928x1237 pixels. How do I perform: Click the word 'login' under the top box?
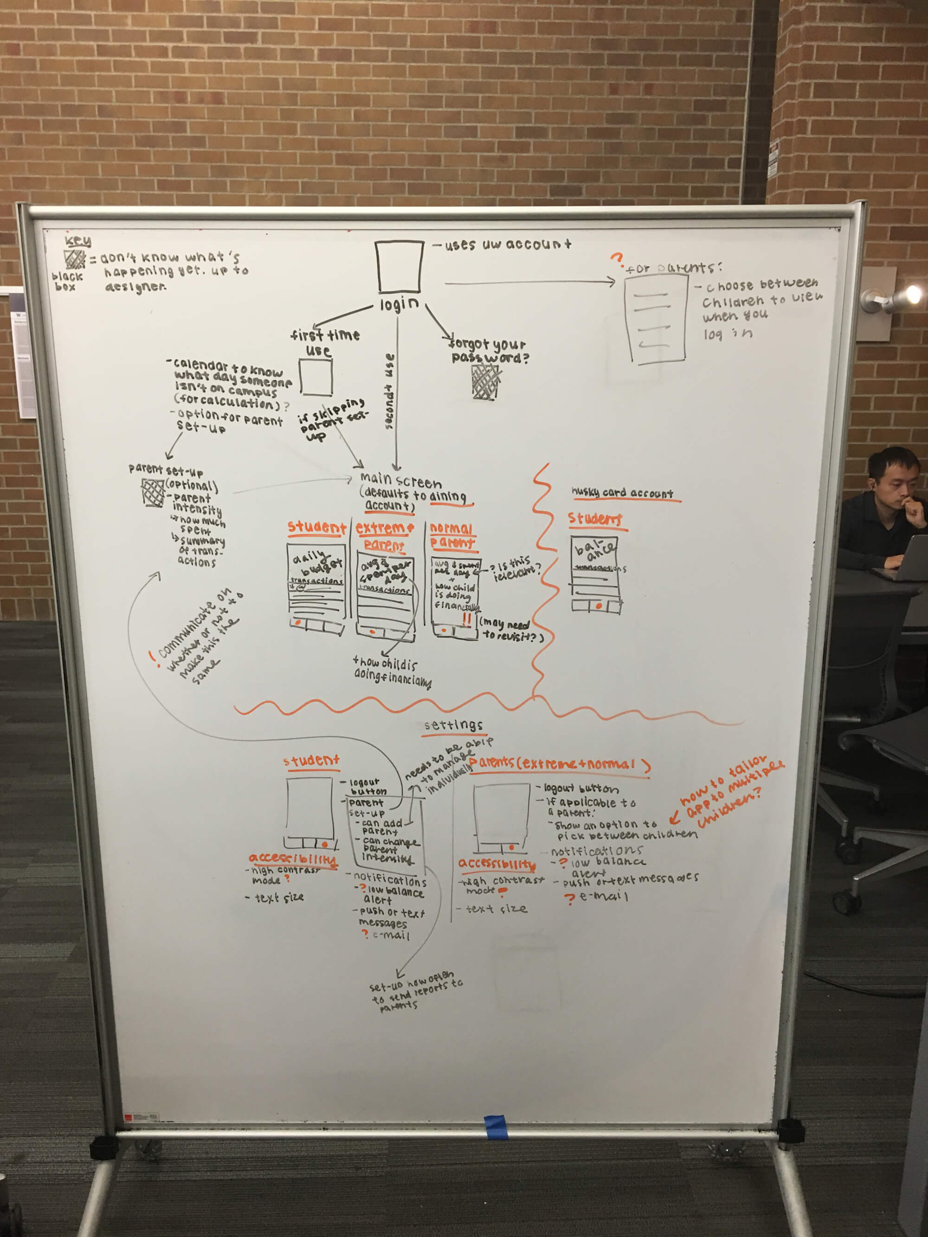pyautogui.click(x=399, y=304)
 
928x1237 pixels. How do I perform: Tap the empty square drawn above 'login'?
pyautogui.click(x=399, y=267)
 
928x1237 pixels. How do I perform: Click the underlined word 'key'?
pyautogui.click(x=78, y=241)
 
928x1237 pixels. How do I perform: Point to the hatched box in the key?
pyautogui.click(x=74, y=259)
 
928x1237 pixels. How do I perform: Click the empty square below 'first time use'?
pyautogui.click(x=316, y=378)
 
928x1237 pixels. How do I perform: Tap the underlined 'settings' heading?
pyautogui.click(x=453, y=725)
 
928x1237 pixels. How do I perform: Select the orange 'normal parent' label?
pyautogui.click(x=452, y=535)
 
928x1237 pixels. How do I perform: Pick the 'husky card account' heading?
pyautogui.click(x=622, y=493)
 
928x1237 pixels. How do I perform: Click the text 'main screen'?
pyautogui.click(x=400, y=480)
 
